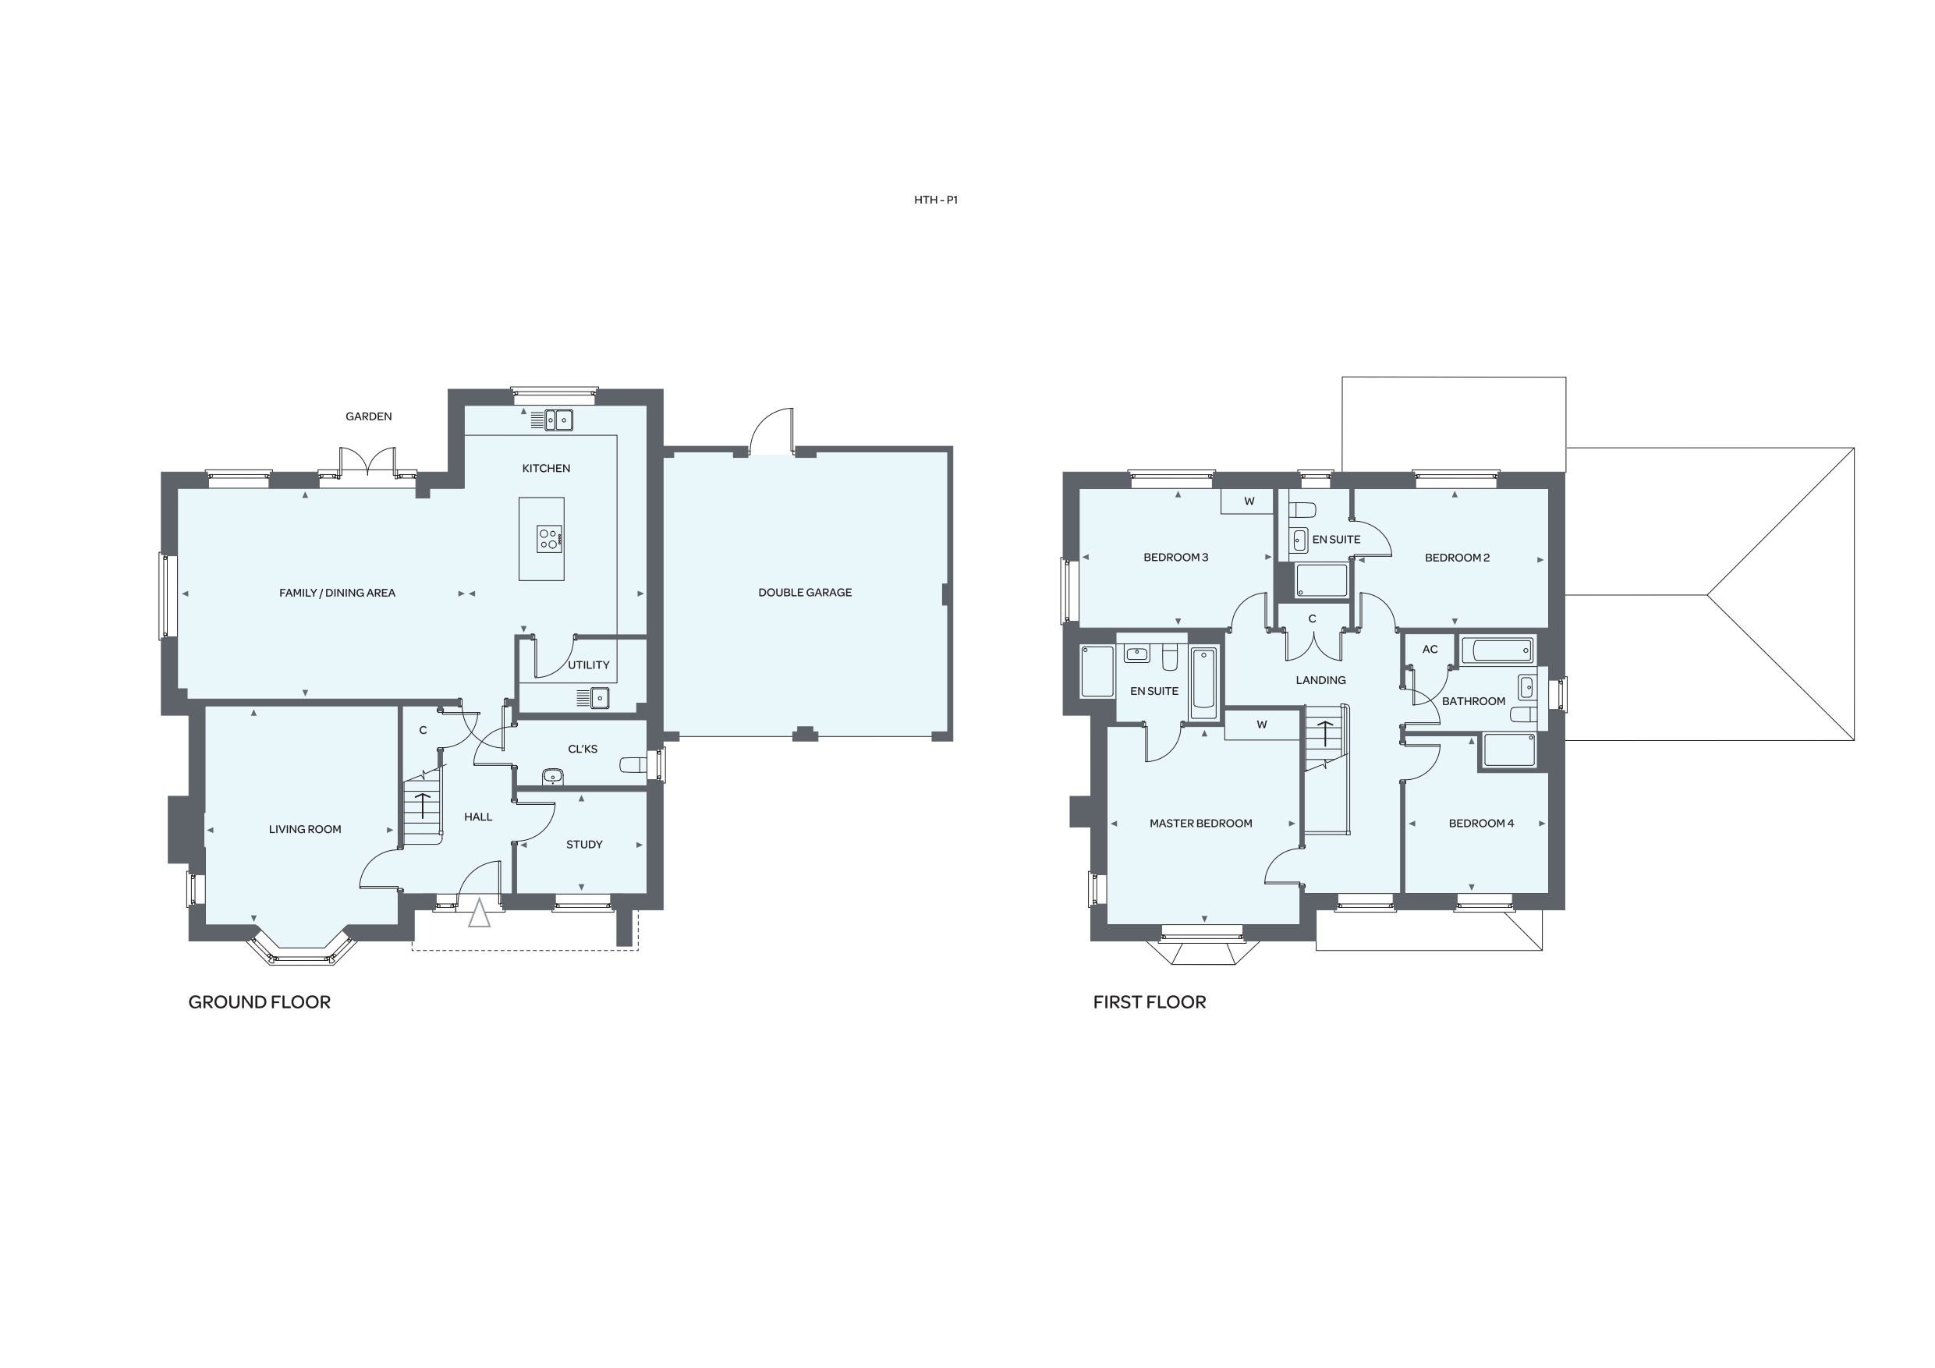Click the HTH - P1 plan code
tap(935, 200)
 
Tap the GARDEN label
tap(368, 416)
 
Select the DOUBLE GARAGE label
tap(805, 593)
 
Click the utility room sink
tap(599, 697)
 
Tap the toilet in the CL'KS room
tap(633, 764)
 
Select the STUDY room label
tap(584, 845)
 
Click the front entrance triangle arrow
tap(479, 913)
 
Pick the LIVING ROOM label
tap(305, 829)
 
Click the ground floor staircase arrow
tap(421, 806)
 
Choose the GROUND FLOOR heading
tap(260, 1002)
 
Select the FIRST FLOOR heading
tap(1150, 1002)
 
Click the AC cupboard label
tap(1430, 649)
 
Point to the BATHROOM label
tap(1473, 701)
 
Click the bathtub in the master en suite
tap(1204, 683)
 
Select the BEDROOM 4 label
tap(1481, 824)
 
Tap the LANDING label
tap(1320, 680)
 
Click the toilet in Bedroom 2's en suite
tap(1303, 510)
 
